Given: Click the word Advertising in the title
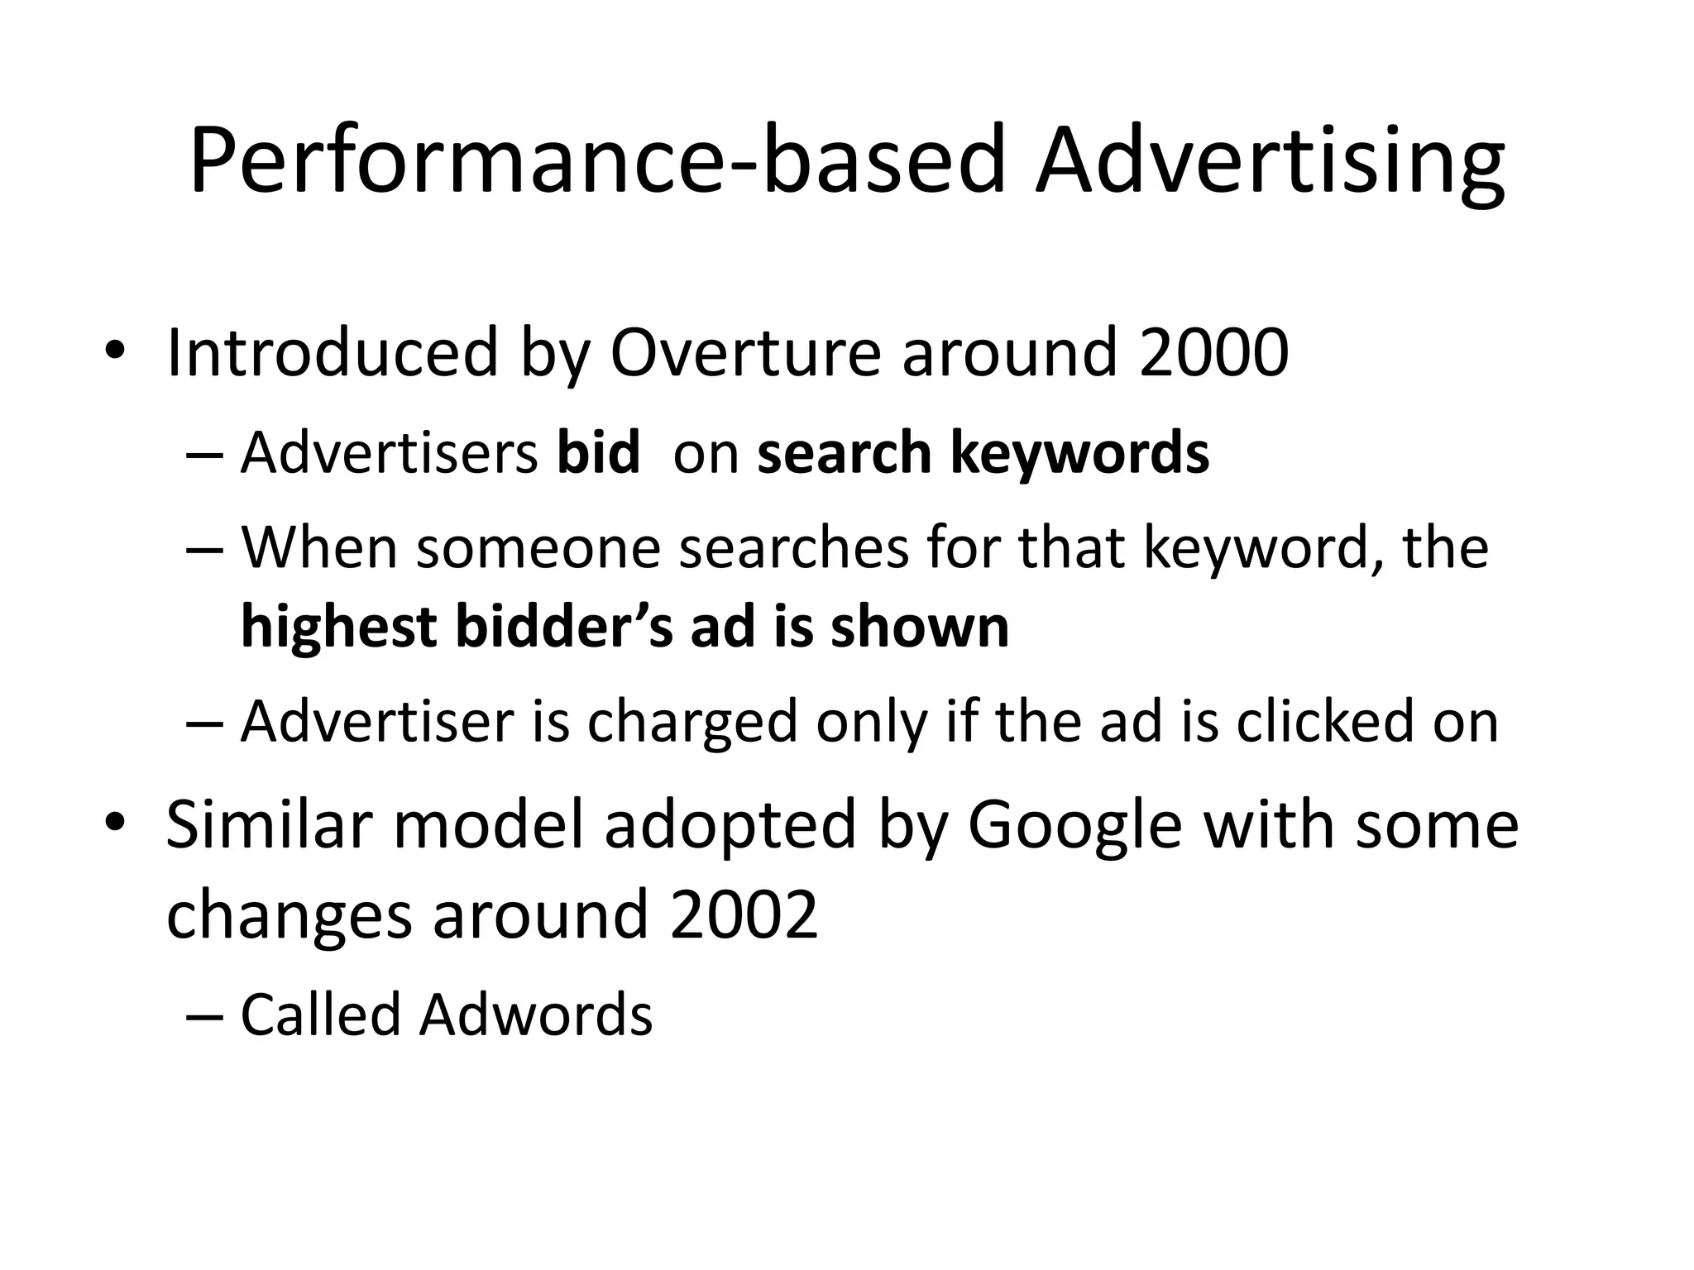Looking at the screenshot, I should click(x=1270, y=161).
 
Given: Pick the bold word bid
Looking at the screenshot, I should click(x=598, y=453).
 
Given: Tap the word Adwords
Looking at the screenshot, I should click(x=536, y=1014).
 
